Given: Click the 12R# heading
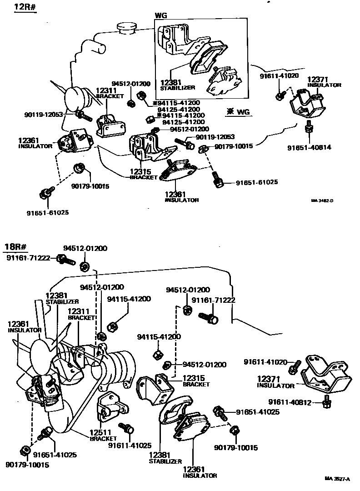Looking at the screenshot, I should [25, 9].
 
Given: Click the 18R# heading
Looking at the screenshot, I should [16, 247].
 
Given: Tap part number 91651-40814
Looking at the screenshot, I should [309, 147].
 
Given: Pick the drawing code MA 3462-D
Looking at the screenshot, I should [325, 200].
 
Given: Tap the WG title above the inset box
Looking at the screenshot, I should [161, 15].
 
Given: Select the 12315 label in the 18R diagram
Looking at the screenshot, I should [194, 378].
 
